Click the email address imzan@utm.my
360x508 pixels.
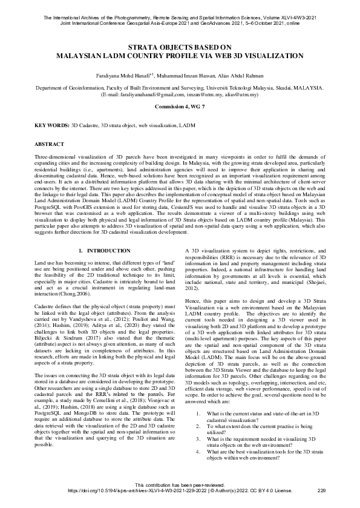click(203, 95)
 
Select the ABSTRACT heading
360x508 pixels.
click(51, 145)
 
